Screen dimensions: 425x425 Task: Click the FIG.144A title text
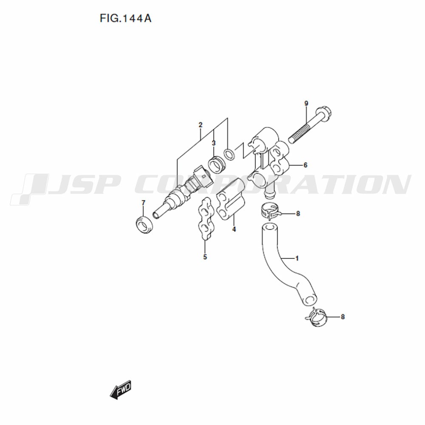pos(125,18)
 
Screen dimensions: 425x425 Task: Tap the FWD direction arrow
pos(121,389)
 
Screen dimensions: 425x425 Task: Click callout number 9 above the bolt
pos(306,103)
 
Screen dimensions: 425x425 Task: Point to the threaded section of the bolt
pos(300,133)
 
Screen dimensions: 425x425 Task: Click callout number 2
pos(200,125)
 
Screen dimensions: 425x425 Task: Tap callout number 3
pos(214,143)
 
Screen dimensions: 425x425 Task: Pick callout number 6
pos(305,165)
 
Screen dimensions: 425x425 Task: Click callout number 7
pos(143,203)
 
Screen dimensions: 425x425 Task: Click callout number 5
pos(205,256)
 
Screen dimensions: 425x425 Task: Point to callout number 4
pos(234,229)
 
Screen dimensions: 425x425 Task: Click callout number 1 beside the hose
pos(297,258)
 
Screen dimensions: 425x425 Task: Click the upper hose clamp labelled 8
pos(269,211)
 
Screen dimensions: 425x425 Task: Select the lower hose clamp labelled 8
pos(316,317)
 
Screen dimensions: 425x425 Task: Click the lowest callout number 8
pos(343,317)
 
